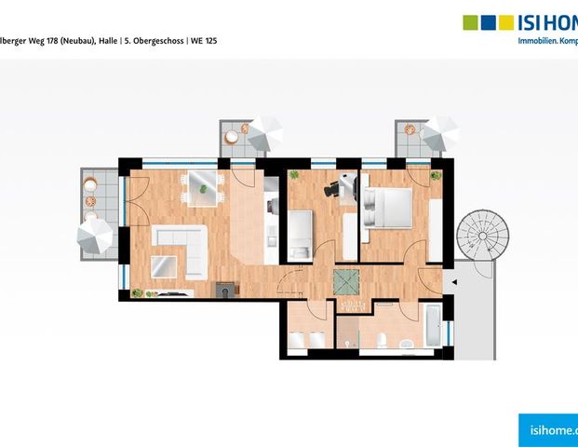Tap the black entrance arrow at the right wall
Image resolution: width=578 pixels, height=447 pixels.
click(453, 280)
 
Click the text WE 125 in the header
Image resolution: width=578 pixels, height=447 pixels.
click(204, 42)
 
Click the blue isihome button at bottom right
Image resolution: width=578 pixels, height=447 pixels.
click(549, 428)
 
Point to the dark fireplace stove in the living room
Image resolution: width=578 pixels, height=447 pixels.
click(225, 290)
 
